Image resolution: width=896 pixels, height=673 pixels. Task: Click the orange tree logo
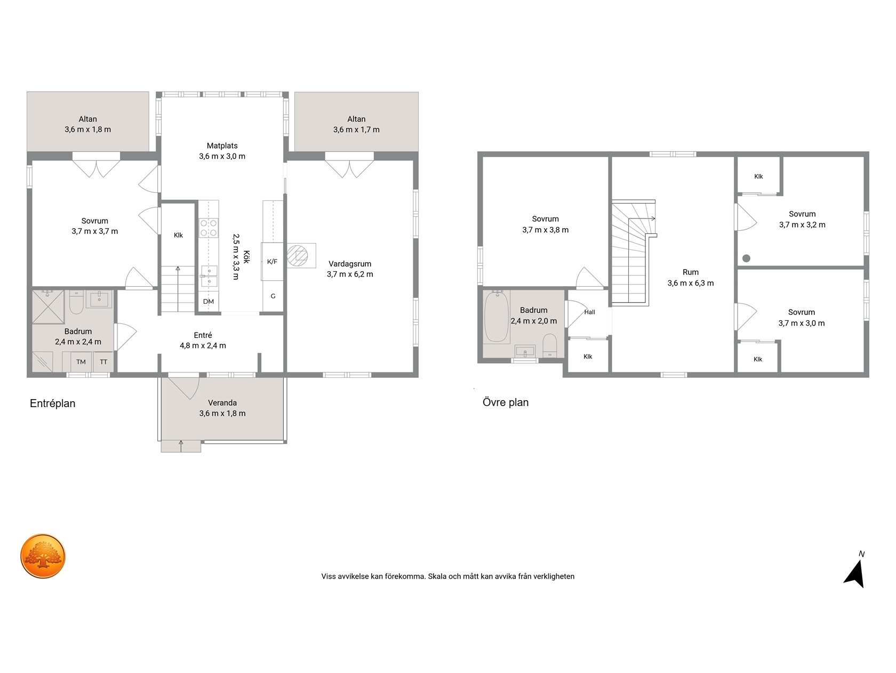pyautogui.click(x=43, y=556)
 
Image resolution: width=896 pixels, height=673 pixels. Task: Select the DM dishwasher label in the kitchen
pyautogui.click(x=209, y=302)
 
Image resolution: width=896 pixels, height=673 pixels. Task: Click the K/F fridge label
pyautogui.click(x=273, y=262)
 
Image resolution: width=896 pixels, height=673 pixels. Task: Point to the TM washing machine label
pyautogui.click(x=81, y=362)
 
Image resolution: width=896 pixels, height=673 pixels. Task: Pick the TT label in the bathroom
pyautogui.click(x=103, y=362)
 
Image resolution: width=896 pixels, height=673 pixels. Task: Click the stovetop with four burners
pyautogui.click(x=209, y=228)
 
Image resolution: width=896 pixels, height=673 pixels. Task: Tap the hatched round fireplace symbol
pyautogui.click(x=297, y=256)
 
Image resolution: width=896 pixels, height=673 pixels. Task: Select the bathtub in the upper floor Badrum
pyautogui.click(x=497, y=317)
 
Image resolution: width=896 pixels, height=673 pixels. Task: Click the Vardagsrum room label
pyautogui.click(x=350, y=264)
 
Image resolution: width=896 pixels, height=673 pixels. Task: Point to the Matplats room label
pyautogui.click(x=222, y=145)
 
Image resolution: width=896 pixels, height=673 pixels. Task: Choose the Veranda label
pyautogui.click(x=222, y=403)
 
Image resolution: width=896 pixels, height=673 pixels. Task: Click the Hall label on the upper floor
pyautogui.click(x=589, y=312)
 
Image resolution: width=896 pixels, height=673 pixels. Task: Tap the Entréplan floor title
pyautogui.click(x=53, y=403)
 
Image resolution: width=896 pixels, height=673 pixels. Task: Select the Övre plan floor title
pyautogui.click(x=506, y=402)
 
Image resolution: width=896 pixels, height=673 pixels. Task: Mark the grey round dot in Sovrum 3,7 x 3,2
pyautogui.click(x=746, y=258)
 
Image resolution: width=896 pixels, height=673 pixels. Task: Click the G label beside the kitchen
pyautogui.click(x=273, y=296)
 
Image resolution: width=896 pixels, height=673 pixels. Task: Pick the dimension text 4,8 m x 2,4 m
pyautogui.click(x=203, y=345)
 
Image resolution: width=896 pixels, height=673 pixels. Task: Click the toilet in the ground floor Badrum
pyautogui.click(x=76, y=302)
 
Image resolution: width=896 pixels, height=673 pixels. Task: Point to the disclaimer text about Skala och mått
pyautogui.click(x=448, y=577)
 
